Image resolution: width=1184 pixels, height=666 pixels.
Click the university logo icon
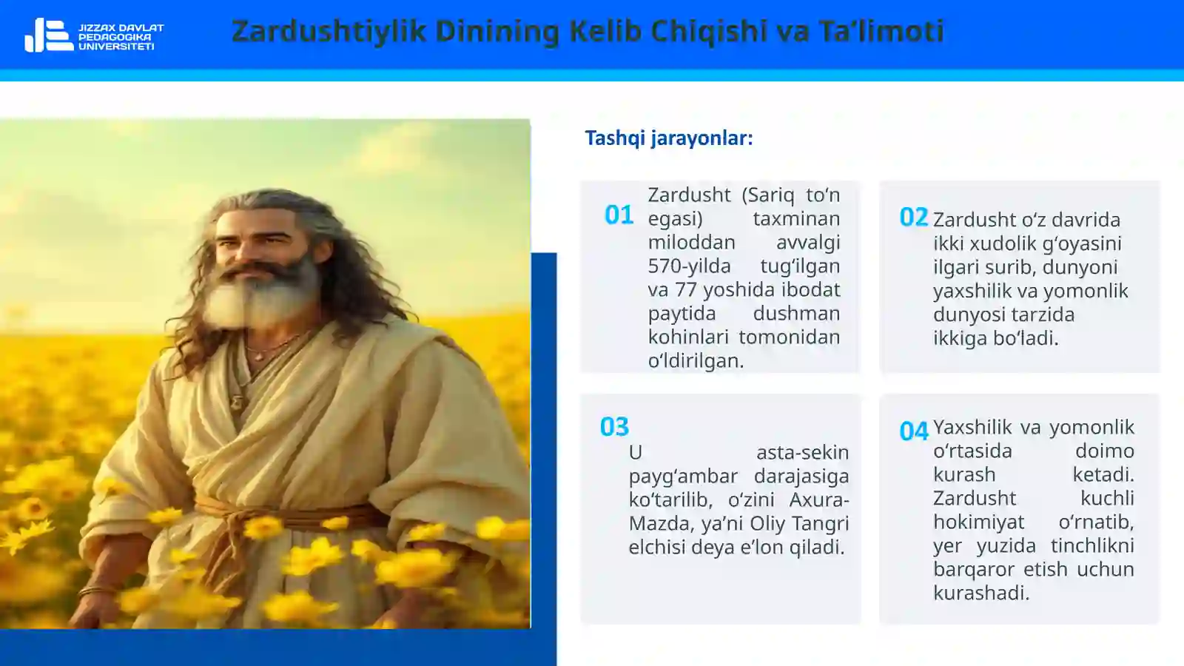49,35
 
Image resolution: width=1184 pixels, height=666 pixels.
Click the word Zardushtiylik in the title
329,31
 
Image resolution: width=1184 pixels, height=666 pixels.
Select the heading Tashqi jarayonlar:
669,138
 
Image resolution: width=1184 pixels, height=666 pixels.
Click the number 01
619,215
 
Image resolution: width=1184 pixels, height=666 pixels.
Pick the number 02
913,218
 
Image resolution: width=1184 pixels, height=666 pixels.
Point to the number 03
614,427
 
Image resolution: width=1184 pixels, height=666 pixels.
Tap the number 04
914,431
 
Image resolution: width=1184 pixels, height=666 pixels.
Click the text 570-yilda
689,266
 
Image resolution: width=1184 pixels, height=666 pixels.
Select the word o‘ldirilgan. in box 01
696,360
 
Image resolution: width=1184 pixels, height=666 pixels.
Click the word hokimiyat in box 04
978,522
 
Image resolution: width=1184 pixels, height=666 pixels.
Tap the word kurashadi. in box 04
981,593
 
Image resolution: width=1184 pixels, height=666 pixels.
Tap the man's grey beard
262,296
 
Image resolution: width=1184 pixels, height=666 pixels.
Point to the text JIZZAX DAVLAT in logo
121,27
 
